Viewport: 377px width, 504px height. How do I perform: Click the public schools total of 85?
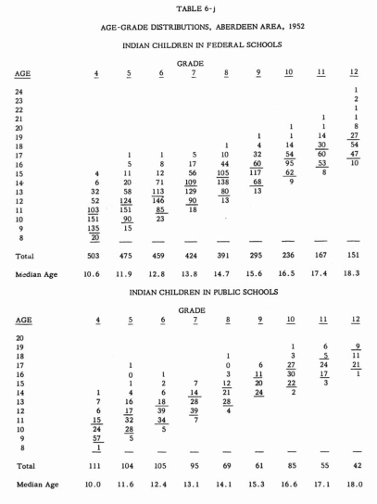coord(290,463)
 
